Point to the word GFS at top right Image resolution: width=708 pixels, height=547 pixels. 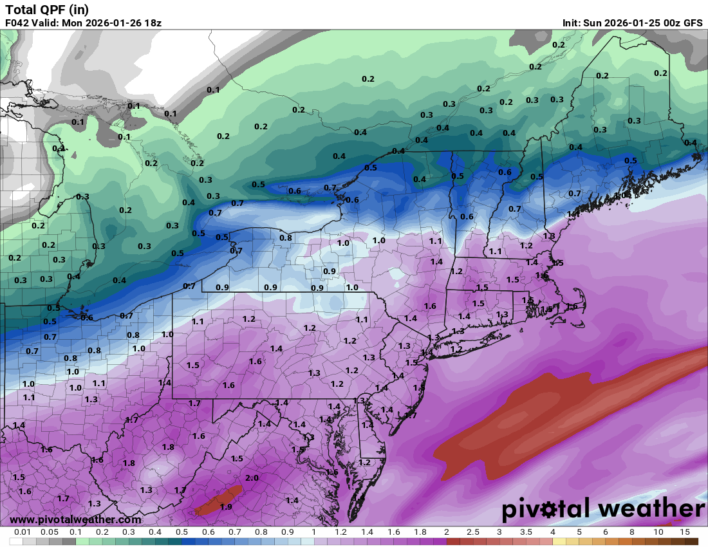pos(693,23)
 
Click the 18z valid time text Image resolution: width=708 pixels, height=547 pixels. pos(152,23)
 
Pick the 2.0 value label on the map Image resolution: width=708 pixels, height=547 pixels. pos(252,477)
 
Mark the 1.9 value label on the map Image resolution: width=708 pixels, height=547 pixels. pos(226,506)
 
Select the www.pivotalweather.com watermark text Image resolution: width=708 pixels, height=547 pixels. pos(76,519)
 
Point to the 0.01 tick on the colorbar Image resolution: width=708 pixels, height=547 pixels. pos(23,532)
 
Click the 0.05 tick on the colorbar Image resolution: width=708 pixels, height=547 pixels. pos(50,532)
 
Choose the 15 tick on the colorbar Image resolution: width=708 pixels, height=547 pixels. pos(684,532)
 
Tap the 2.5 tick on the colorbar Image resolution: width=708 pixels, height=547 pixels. pos(473,532)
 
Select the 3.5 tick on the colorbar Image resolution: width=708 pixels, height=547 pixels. pos(526,532)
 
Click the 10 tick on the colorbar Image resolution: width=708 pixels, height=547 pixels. pos(658,532)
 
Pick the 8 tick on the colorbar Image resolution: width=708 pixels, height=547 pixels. pos(631,532)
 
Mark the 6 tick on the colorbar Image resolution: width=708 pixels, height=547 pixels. pos(605,532)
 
